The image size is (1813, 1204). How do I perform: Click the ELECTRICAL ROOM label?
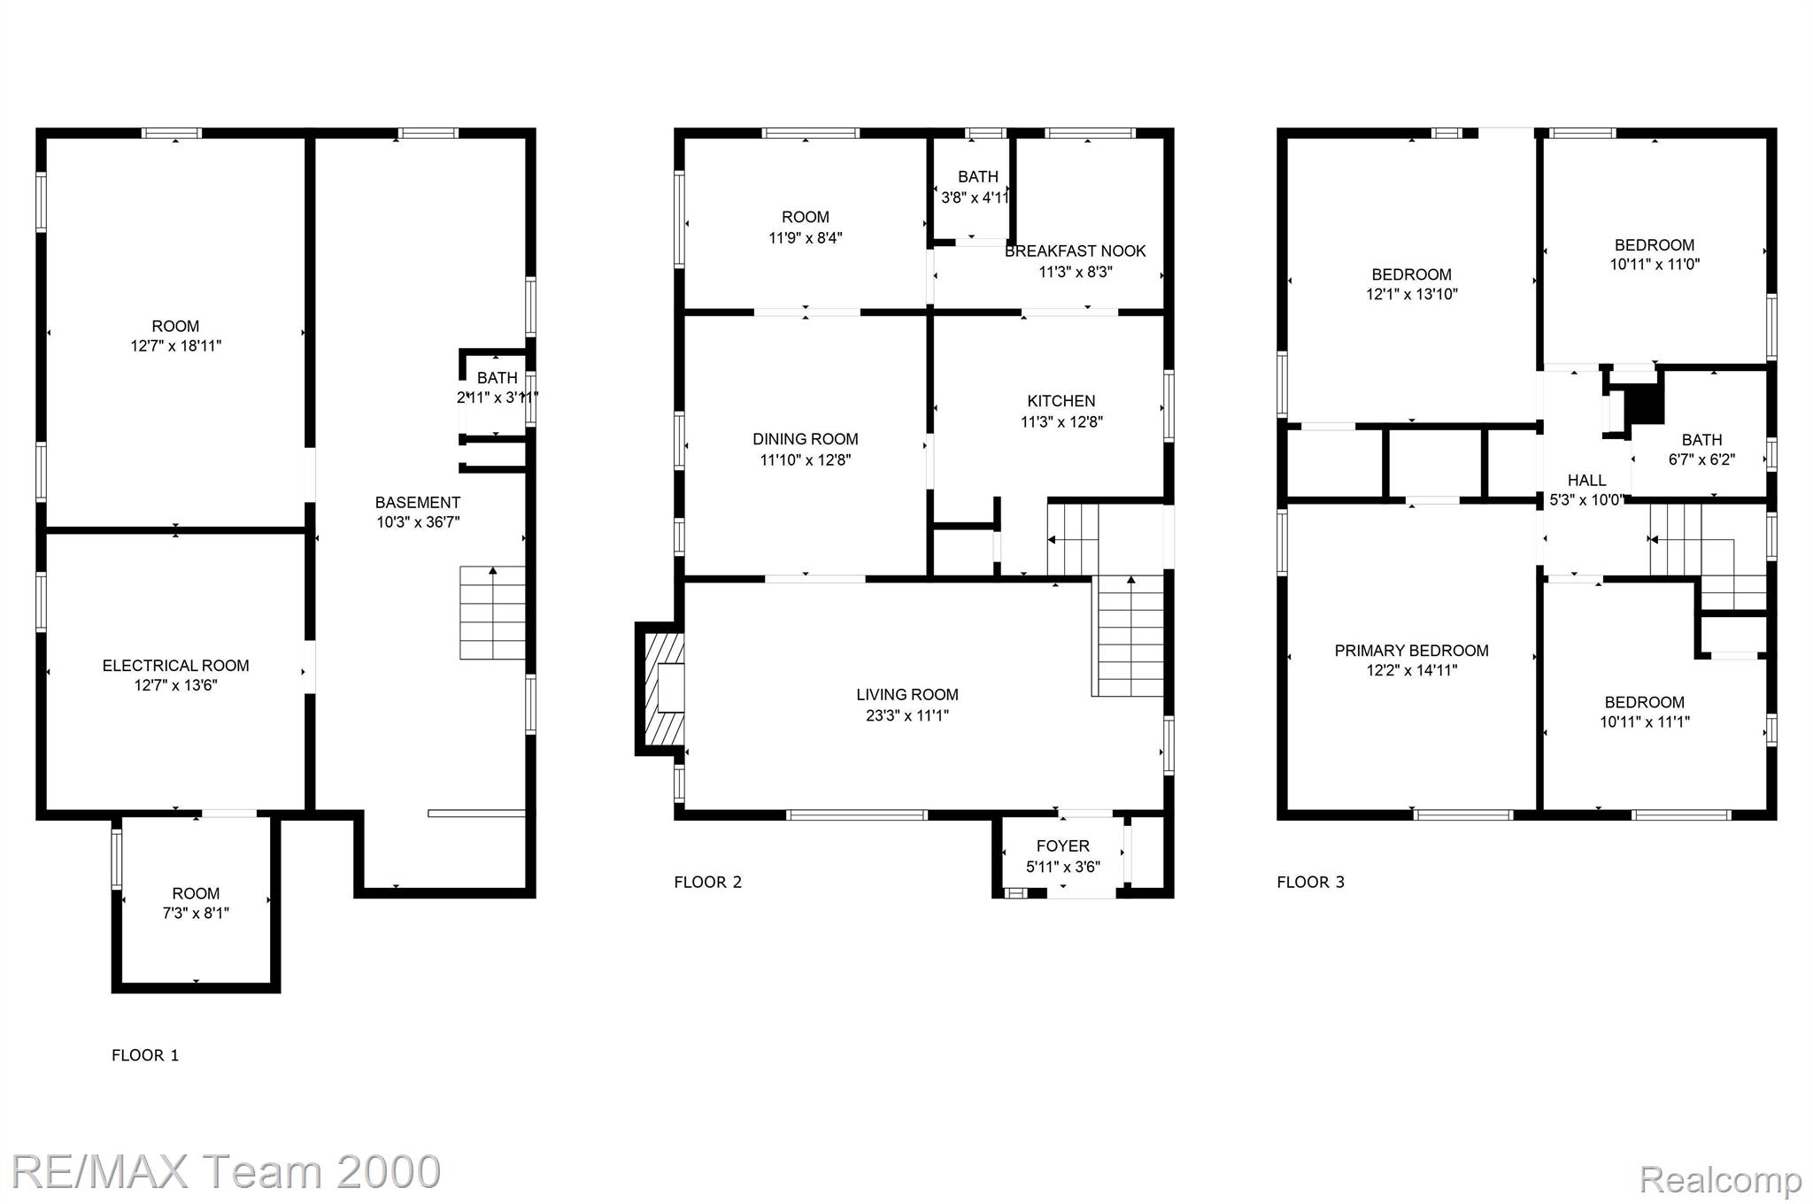175,666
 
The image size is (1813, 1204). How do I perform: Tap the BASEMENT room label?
418,503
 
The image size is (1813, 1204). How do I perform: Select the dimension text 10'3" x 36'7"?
418,522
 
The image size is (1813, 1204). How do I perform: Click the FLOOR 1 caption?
145,1055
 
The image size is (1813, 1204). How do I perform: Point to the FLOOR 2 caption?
708,882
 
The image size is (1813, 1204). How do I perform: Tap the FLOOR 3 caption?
1311,882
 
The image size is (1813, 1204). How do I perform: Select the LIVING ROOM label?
907,695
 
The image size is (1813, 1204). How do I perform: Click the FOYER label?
1063,846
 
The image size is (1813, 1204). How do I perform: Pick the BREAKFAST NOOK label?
1076,251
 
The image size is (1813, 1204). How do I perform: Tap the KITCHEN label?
1061,401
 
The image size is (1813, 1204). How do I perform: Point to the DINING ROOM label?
806,439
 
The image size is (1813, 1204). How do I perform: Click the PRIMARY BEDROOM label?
1412,651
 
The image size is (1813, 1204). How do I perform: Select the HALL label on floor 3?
1587,481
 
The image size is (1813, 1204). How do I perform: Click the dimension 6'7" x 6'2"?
1702,460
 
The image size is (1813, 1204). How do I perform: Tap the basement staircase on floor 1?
492,613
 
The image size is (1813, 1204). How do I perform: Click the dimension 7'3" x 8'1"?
196,914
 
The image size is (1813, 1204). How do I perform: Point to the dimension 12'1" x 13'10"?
1412,294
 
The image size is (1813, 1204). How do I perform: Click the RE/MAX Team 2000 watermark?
227,1171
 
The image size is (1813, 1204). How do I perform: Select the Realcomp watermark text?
1720,1179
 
